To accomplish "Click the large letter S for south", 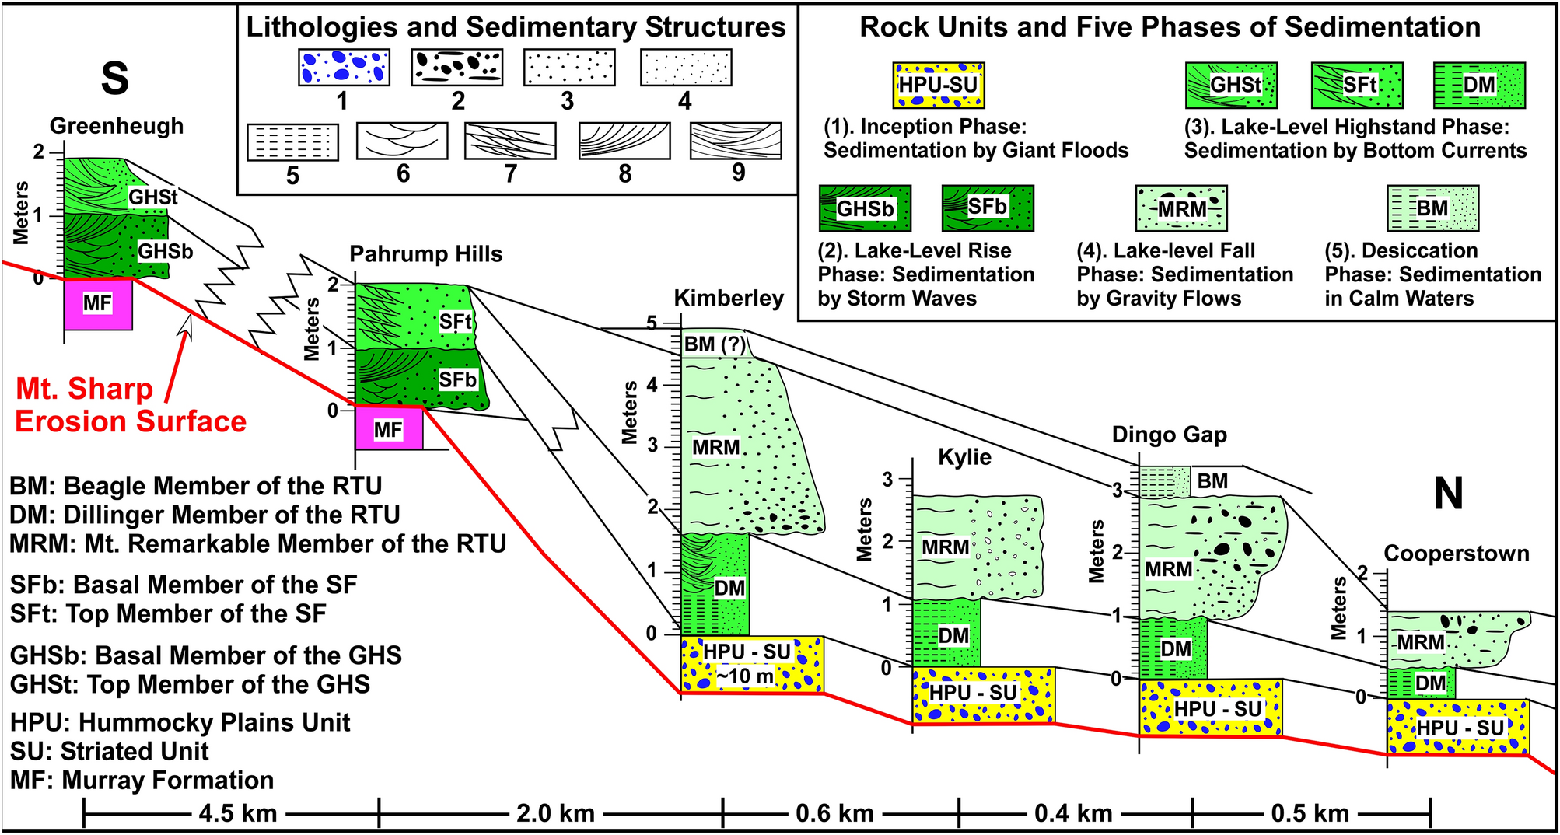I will tap(115, 79).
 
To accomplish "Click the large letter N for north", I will tap(1448, 494).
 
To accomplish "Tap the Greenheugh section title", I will tap(117, 126).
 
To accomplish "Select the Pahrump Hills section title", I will tap(425, 254).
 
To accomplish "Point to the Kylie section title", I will tap(964, 456).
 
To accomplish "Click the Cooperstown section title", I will tap(1456, 554).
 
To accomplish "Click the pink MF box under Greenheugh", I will tap(98, 303).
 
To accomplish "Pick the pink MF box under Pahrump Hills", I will tap(389, 429).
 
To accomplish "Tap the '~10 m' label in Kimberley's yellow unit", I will tap(744, 676).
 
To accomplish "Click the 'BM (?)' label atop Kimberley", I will tap(714, 344).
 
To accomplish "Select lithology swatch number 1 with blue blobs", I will tap(344, 68).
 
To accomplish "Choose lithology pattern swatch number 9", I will tap(735, 141).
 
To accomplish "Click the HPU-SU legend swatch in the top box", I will tap(938, 85).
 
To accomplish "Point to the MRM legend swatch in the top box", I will tap(1180, 208).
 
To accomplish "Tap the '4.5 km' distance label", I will tap(237, 813).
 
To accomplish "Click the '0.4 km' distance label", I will tap(1073, 813).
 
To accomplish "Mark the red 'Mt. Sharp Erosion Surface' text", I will tap(130, 405).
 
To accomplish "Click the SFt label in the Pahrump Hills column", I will tap(455, 321).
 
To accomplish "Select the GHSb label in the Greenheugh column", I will tap(165, 251).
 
